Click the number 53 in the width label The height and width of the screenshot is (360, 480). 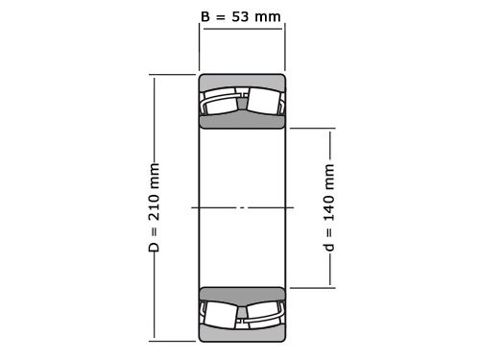point(249,16)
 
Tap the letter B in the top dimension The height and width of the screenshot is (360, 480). point(204,16)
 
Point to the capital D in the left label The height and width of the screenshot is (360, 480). point(154,247)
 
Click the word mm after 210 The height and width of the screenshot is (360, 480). point(154,177)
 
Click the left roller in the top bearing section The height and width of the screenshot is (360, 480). point(220,102)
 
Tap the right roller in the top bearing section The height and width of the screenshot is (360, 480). point(264,102)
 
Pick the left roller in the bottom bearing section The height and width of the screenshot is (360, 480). point(220,313)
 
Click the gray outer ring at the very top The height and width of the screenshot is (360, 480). point(242,81)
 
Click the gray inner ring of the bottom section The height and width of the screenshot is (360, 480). point(242,294)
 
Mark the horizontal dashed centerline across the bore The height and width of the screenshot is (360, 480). point(242,207)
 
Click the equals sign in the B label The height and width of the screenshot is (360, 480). point(222,16)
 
